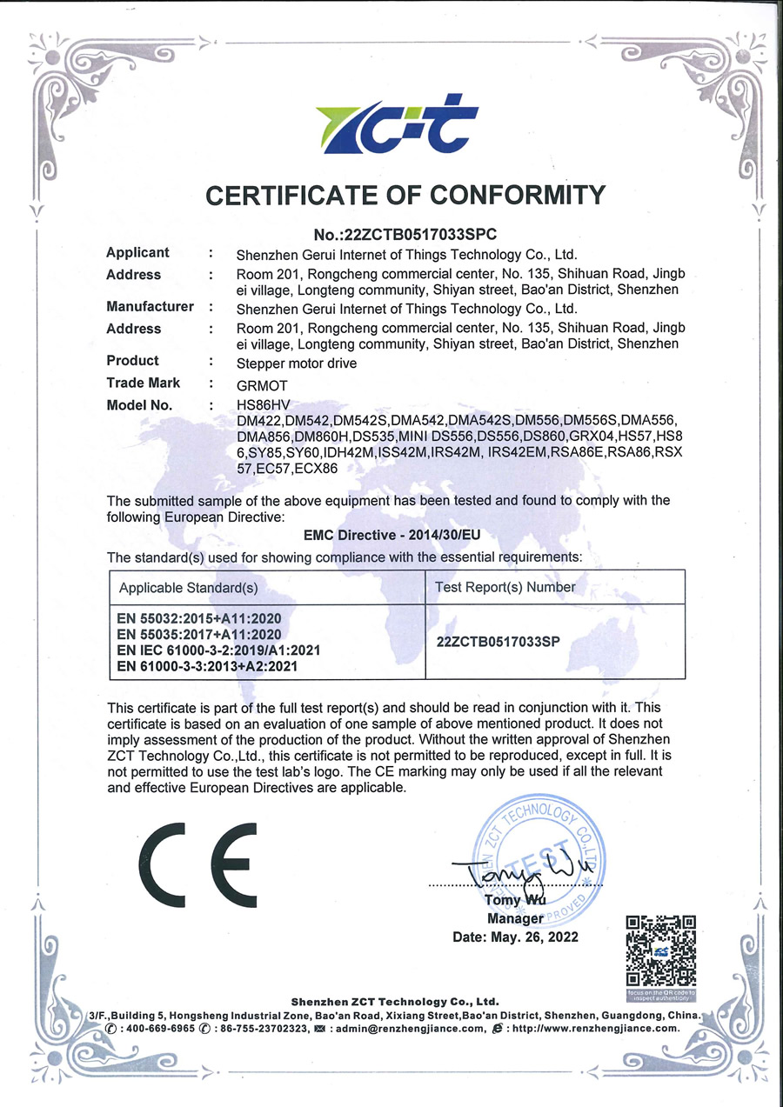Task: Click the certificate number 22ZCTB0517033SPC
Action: (x=405, y=233)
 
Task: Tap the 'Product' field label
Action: (x=132, y=361)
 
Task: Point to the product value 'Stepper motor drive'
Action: (x=297, y=363)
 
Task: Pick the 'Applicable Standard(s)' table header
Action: (x=189, y=588)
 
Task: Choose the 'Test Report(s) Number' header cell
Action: (x=505, y=587)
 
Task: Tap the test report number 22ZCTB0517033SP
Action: (x=497, y=642)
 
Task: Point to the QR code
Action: (x=661, y=950)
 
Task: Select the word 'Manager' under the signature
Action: (x=515, y=918)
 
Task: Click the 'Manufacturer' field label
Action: (x=150, y=307)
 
